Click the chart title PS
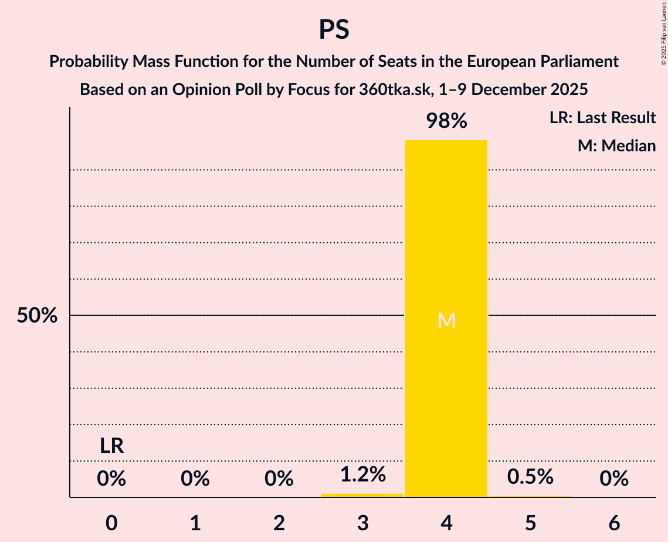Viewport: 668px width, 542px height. [334, 29]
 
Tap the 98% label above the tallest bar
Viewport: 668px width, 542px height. [446, 121]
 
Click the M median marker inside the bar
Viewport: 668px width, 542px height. [446, 320]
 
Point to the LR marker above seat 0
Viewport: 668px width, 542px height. [111, 446]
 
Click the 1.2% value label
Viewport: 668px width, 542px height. [362, 475]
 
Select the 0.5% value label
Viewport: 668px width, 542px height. [530, 477]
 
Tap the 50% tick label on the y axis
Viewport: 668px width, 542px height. [37, 316]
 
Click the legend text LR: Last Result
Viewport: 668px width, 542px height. [602, 118]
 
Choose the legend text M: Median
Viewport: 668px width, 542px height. [616, 145]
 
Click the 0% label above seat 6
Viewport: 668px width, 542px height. [614, 479]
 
